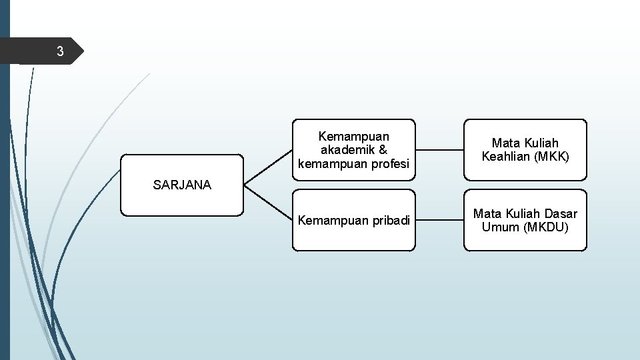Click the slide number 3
tap(60, 51)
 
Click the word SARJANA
tap(182, 185)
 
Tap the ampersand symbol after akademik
tap(383, 150)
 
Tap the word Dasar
tap(561, 214)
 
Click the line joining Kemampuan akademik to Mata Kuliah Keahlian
tap(439, 150)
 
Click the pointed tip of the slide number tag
tap(84, 51)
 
